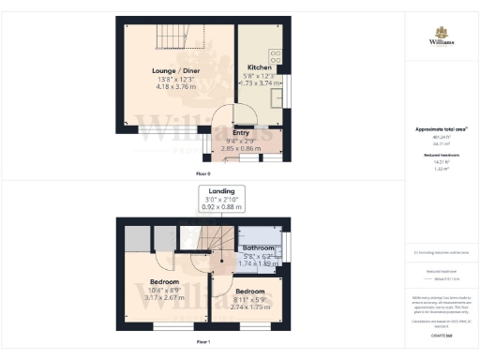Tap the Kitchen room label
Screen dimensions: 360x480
click(261, 67)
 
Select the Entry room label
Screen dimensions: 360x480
click(241, 133)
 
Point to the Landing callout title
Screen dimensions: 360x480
click(221, 190)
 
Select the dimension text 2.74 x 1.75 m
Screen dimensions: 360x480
click(249, 307)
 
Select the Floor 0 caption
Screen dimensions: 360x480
click(202, 173)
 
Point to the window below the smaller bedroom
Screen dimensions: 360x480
click(248, 326)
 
